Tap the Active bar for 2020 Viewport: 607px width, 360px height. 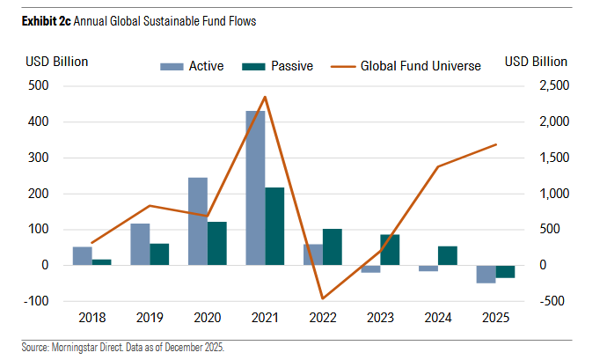point(198,221)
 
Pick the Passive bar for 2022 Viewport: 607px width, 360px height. point(332,246)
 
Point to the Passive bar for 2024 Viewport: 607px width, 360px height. point(447,255)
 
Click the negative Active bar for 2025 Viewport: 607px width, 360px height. point(486,274)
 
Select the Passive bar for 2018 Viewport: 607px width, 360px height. point(102,262)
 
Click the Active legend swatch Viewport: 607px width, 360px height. point(172,66)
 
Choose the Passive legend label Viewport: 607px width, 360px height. point(292,66)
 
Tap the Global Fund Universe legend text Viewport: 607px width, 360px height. point(421,66)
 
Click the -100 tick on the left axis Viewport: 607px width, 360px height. point(36,301)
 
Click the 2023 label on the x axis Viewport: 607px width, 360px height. point(380,320)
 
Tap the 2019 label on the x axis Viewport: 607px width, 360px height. point(150,320)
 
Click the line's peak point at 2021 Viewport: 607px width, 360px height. point(265,97)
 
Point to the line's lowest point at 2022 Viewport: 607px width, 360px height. point(322,298)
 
